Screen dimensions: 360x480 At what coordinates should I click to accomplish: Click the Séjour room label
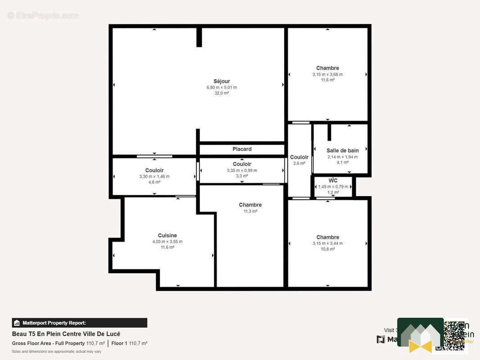pyautogui.click(x=222, y=81)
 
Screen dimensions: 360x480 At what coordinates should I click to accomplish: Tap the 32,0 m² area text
pyautogui.click(x=222, y=93)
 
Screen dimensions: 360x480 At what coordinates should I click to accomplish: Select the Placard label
pyautogui.click(x=242, y=149)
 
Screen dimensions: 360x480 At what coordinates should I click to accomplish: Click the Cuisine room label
pyautogui.click(x=167, y=235)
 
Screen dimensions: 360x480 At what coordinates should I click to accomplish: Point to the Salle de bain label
pyautogui.click(x=343, y=151)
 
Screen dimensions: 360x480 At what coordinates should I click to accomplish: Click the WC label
pyautogui.click(x=333, y=180)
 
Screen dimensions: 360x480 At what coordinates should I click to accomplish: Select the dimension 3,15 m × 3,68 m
pyautogui.click(x=327, y=74)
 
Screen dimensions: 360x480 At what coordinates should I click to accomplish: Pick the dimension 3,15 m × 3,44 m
pyautogui.click(x=327, y=243)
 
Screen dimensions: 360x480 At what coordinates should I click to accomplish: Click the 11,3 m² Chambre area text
pyautogui.click(x=250, y=211)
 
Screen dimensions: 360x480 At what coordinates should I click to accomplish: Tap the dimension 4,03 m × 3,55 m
pyautogui.click(x=167, y=242)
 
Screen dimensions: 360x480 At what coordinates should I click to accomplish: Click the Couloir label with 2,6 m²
pyautogui.click(x=299, y=157)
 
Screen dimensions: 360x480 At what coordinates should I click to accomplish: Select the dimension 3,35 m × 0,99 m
pyautogui.click(x=242, y=171)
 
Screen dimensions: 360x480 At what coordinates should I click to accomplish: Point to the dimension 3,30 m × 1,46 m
pyautogui.click(x=154, y=176)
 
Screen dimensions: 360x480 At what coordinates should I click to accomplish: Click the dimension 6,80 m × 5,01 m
pyautogui.click(x=222, y=87)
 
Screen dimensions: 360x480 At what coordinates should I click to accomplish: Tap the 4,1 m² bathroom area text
pyautogui.click(x=343, y=162)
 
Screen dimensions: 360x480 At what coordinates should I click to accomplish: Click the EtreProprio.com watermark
pyautogui.click(x=43, y=16)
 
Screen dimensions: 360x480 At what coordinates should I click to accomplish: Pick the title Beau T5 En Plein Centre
pyautogui.click(x=66, y=334)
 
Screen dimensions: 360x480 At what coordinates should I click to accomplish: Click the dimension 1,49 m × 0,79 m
pyautogui.click(x=333, y=187)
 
